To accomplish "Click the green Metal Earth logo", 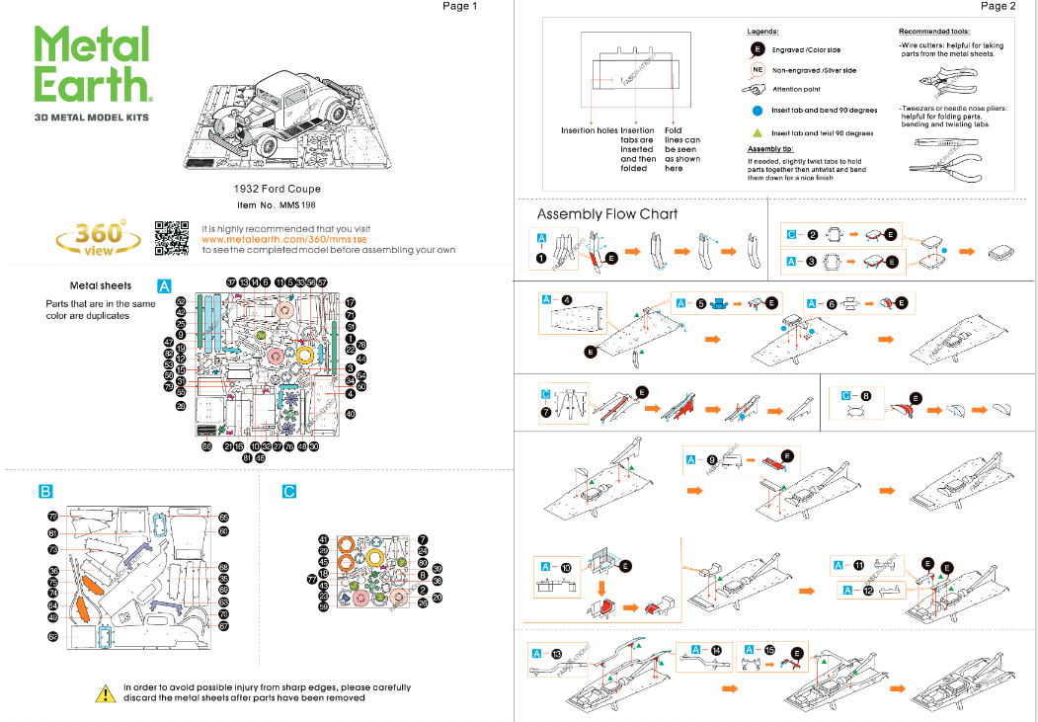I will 92,64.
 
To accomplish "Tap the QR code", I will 172,239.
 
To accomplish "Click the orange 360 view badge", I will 99,238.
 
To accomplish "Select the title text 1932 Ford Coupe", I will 277,189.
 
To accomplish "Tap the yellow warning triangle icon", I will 105,693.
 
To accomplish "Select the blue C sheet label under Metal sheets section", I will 288,490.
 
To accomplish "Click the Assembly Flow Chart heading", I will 607,214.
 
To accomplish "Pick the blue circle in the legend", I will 756,111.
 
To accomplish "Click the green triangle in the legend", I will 756,132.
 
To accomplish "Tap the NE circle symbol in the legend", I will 757,70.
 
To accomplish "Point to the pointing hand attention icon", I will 755,89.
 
